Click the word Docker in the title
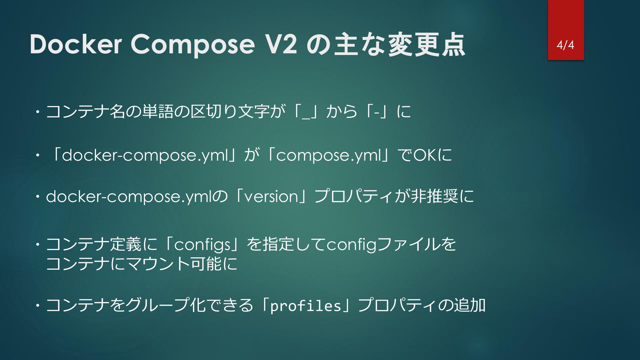pos(76,44)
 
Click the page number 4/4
pos(565,45)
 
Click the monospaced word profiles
pos(305,306)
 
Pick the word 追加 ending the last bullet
pos(469,305)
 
